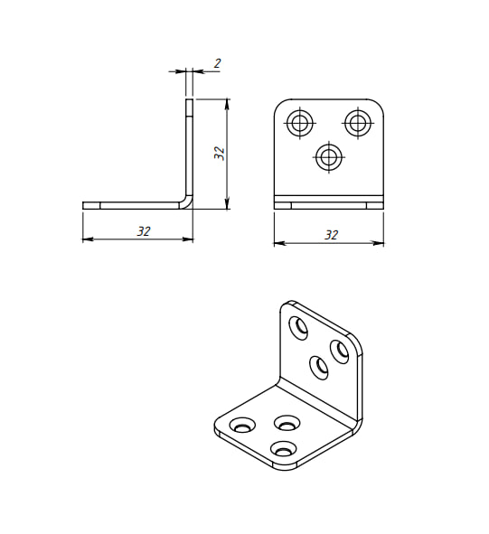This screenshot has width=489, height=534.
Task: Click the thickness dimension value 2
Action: (x=218, y=63)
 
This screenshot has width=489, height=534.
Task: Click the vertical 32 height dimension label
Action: (x=220, y=154)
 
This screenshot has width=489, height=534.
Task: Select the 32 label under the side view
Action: (x=144, y=231)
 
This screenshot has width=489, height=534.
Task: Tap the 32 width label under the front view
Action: (x=331, y=235)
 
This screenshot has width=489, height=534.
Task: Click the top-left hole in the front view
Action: (x=300, y=123)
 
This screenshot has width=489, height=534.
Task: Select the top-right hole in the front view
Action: (x=358, y=123)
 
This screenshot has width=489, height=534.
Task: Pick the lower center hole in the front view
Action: (x=329, y=157)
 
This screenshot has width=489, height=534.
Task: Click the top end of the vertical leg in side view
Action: (x=189, y=99)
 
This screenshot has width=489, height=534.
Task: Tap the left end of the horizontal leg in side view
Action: (x=83, y=205)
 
